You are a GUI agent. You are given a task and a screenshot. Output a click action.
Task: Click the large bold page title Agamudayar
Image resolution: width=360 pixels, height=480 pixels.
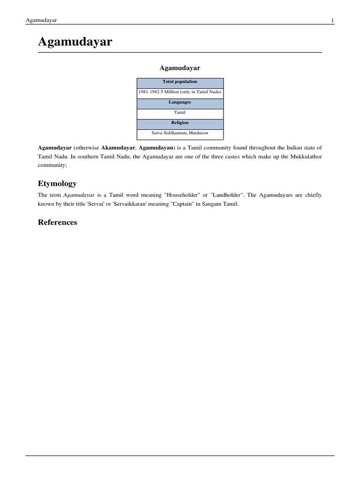tap(75, 42)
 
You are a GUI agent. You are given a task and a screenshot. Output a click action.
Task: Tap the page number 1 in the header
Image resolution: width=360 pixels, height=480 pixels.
tap(332, 21)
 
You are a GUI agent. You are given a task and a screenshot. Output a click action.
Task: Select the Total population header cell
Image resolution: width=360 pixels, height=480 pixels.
tap(180, 82)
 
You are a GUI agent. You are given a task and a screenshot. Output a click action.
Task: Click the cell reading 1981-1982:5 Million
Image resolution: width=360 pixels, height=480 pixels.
tap(180, 92)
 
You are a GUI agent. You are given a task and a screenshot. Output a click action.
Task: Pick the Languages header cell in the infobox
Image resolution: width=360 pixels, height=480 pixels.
tap(180, 102)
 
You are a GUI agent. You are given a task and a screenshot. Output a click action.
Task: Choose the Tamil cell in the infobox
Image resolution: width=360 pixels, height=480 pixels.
tap(180, 112)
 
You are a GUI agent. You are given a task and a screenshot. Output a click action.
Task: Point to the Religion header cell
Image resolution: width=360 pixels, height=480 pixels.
tap(180, 123)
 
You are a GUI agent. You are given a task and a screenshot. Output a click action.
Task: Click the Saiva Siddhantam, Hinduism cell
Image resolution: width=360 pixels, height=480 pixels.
tap(180, 133)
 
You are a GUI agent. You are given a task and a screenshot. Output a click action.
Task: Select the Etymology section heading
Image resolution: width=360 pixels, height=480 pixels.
tap(57, 183)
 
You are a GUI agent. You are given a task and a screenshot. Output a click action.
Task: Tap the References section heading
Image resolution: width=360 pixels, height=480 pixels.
tap(57, 222)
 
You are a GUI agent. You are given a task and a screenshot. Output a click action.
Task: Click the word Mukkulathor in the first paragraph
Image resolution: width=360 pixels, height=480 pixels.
tap(305, 156)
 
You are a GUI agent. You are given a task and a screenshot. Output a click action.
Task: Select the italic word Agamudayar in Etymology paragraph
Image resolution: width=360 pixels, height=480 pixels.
tap(79, 195)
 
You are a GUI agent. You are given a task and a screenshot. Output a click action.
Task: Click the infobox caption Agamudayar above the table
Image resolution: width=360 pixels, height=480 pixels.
tap(180, 68)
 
